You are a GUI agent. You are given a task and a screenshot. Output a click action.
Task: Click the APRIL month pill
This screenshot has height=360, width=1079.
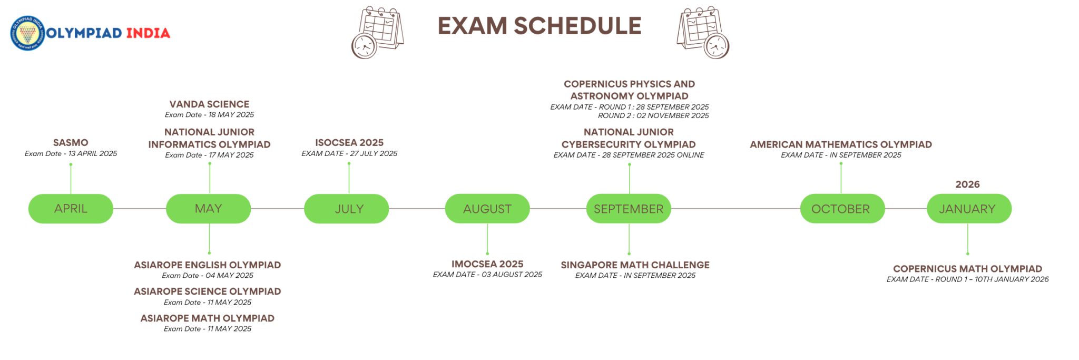point(71,209)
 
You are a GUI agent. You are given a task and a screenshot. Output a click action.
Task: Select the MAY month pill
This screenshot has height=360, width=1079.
point(209,209)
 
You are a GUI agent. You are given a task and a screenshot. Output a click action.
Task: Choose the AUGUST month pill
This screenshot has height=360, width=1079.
point(487,209)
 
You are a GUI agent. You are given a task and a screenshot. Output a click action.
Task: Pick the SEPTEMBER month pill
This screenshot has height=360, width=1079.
point(629,209)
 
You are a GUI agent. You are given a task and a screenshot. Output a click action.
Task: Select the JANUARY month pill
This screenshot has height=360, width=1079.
point(968,209)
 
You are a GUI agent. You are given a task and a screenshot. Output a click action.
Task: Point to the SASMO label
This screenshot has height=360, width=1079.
point(71,143)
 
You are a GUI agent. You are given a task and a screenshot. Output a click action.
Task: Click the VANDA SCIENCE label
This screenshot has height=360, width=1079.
point(209,104)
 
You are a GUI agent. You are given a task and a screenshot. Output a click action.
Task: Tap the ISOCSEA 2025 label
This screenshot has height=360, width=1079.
point(349,143)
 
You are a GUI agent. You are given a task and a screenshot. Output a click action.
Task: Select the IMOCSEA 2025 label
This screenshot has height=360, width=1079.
point(488,264)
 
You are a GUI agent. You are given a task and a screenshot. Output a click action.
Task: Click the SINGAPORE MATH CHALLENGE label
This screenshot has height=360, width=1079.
point(635,265)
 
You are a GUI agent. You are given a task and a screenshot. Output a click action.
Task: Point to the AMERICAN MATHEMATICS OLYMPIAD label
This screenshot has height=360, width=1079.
point(841,144)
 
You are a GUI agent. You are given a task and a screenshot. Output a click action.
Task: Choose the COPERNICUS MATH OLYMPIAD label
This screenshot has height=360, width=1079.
point(967,269)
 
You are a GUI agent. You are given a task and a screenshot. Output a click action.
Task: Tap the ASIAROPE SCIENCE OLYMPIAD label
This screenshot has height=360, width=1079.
point(207,291)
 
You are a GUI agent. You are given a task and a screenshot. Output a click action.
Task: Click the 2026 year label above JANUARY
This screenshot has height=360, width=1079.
point(968,184)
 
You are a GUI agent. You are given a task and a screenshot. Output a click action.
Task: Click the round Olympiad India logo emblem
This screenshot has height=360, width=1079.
point(27,33)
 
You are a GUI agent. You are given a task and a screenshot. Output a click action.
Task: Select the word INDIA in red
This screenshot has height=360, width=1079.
point(149,33)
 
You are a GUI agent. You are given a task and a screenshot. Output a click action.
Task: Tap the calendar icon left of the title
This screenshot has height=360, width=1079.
point(377,32)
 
